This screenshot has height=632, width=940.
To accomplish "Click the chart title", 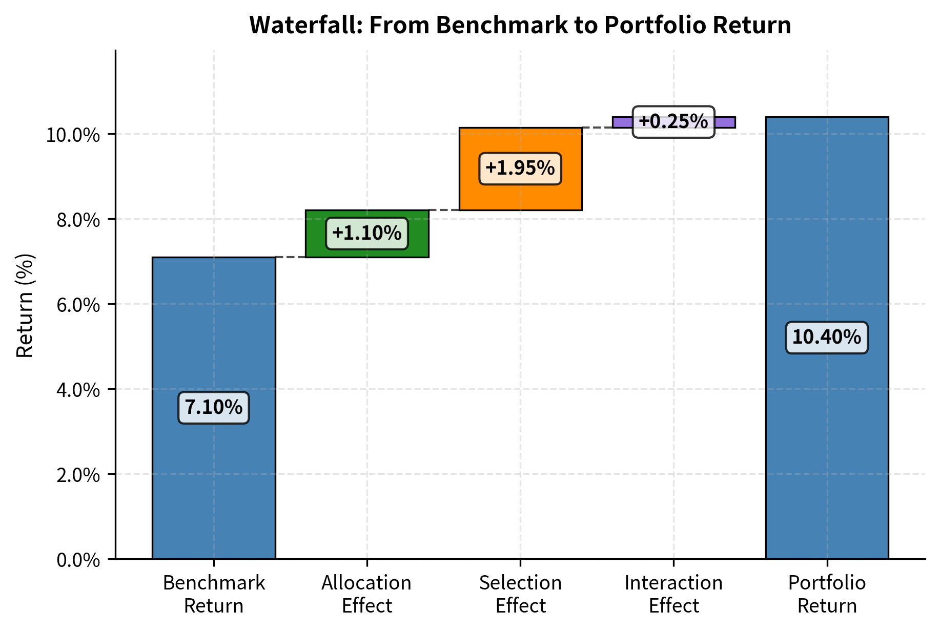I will [520, 25].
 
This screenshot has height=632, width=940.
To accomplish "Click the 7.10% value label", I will [213, 408].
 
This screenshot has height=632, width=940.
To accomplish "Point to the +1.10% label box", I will [367, 234].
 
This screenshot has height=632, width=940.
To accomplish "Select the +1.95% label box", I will [520, 168].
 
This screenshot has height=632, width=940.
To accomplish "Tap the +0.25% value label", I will [673, 122].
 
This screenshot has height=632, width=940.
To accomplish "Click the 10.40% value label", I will [826, 338].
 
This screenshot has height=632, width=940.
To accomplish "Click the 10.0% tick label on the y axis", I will [73, 135].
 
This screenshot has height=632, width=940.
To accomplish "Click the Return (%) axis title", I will [25, 305].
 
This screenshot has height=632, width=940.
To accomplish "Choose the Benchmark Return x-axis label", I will [213, 594].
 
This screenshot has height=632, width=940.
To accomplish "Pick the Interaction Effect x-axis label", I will [673, 594].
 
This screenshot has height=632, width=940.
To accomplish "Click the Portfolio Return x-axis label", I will [826, 594].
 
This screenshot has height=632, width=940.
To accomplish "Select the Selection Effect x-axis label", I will [520, 594].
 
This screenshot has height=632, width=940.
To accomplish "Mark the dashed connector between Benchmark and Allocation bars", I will [290, 257].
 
